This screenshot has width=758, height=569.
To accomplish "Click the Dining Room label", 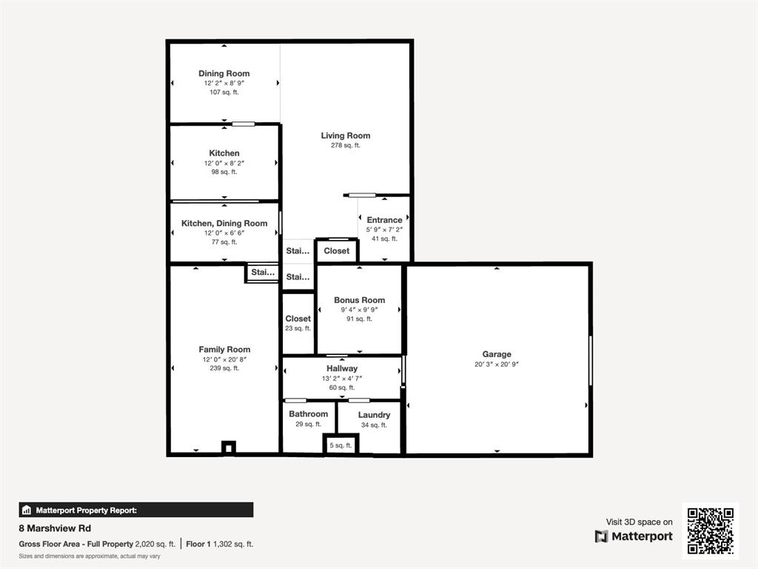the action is pos(224,73).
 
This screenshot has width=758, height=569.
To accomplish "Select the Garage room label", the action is pos(497,354).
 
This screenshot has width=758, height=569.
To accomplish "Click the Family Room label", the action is pos(224,350).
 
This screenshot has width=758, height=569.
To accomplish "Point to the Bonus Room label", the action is pos(359,300).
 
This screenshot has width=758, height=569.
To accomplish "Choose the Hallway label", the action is pos(342,369).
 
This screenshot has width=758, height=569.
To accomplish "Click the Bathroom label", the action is pos(309,414).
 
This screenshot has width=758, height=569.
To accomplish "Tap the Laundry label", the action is pos(374,415).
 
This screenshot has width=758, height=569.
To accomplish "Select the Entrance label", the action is pos(384,220).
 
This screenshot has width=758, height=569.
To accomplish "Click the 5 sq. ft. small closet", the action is pos(341,445).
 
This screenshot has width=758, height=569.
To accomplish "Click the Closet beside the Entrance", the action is pos(337,250).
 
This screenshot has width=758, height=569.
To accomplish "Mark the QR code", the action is pos(711,530).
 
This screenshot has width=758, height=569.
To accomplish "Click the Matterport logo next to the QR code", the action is pos(634,536).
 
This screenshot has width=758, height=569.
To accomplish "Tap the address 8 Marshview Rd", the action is pos(55,528).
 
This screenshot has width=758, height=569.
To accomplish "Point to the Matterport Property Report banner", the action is pos(136,510).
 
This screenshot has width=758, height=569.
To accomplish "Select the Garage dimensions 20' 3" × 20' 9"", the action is pos(497,365).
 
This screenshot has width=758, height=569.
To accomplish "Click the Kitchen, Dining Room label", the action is pos(224,224).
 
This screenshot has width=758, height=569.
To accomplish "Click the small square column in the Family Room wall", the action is pos(229,447).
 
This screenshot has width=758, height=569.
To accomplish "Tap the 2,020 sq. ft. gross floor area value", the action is pos(155,545).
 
